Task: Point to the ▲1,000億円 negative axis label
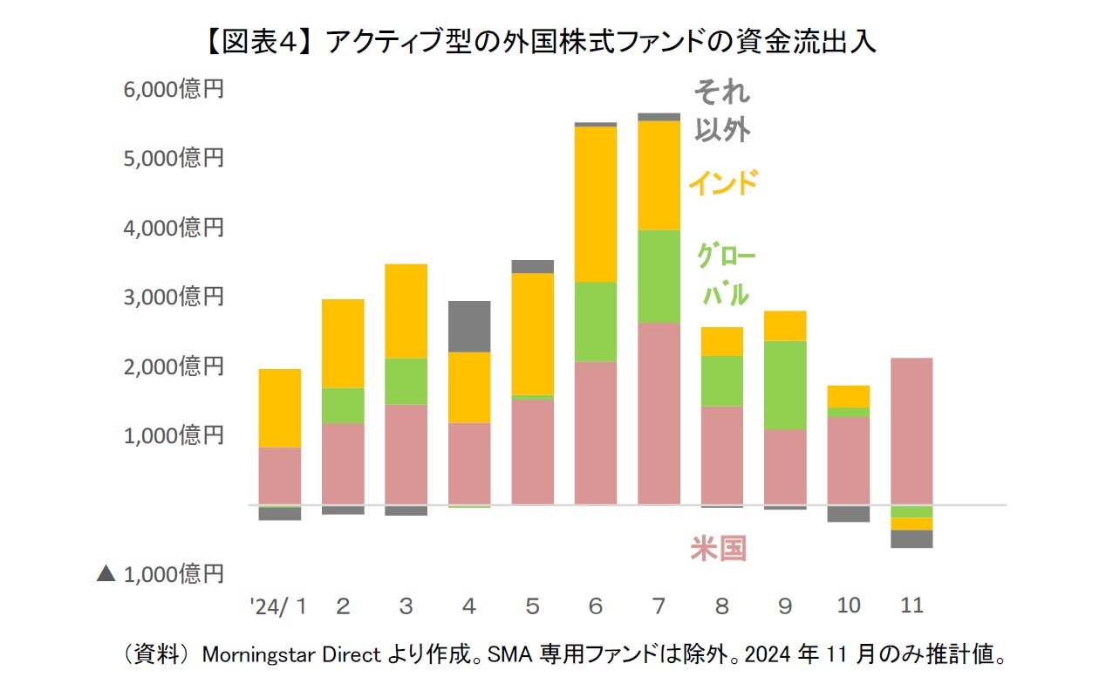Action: click(160, 573)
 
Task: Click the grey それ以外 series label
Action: click(721, 111)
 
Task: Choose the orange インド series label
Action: click(722, 183)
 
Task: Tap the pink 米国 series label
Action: click(719, 549)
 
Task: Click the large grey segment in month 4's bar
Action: click(469, 326)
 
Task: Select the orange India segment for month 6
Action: click(596, 204)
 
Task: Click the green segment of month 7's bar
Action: click(659, 277)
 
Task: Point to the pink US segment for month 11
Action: click(911, 431)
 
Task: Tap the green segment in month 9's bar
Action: click(785, 385)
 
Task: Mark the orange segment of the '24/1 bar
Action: click(280, 408)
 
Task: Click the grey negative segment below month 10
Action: click(848, 514)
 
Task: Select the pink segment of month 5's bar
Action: click(532, 452)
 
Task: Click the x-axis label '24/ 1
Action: click(277, 605)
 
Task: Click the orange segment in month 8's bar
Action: click(721, 341)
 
